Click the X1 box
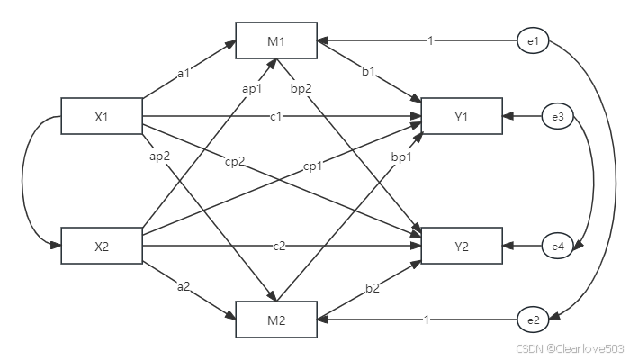pyautogui.click(x=101, y=116)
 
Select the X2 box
pyautogui.click(x=101, y=245)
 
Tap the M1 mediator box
pyautogui.click(x=276, y=40)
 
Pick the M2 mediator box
pyautogui.click(x=276, y=319)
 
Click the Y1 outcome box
pyautogui.click(x=461, y=116)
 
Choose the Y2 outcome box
pyautogui.click(x=461, y=245)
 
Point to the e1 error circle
pyautogui.click(x=533, y=40)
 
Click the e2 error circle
pyautogui.click(x=533, y=319)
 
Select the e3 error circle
pyautogui.click(x=558, y=116)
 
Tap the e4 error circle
pyautogui.click(x=558, y=245)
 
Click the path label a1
pyautogui.click(x=184, y=74)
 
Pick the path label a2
pyautogui.click(x=184, y=287)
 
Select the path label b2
pyautogui.click(x=371, y=287)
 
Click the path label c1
pyautogui.click(x=276, y=117)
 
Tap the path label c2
pyautogui.click(x=279, y=246)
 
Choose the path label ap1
pyautogui.click(x=252, y=88)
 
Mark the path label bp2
pyautogui.click(x=301, y=88)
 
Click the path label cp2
pyautogui.click(x=236, y=161)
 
